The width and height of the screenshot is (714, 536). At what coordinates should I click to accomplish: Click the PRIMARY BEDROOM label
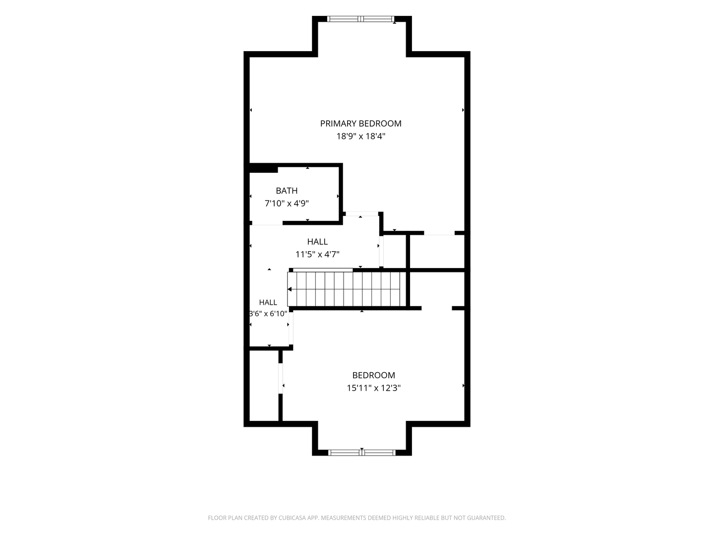360,124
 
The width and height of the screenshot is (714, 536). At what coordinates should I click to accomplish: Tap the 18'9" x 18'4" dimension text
360,136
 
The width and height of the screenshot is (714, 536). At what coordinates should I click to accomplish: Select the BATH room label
286,191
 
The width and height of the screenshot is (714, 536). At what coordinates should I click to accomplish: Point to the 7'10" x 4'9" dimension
286,203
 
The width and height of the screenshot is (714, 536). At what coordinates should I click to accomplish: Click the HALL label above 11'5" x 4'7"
317,242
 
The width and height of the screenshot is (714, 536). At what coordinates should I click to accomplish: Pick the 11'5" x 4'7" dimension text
317,254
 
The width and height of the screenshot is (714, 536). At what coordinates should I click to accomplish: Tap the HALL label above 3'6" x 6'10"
268,303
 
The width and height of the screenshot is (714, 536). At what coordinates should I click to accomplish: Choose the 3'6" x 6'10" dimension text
268,314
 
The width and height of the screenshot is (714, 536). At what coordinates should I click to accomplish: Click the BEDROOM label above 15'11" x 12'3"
373,375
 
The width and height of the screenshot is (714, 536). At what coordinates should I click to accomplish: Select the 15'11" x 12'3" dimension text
373,388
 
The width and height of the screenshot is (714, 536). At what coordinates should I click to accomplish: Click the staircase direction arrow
290,289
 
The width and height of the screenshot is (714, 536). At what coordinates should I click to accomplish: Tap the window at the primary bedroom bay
360,19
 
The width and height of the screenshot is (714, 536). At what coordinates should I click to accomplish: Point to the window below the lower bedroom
362,453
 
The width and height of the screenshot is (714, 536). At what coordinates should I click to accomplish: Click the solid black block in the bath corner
263,169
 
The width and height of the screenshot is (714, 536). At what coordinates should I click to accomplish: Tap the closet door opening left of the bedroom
281,379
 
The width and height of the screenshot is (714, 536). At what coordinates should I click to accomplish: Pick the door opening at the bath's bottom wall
267,223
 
